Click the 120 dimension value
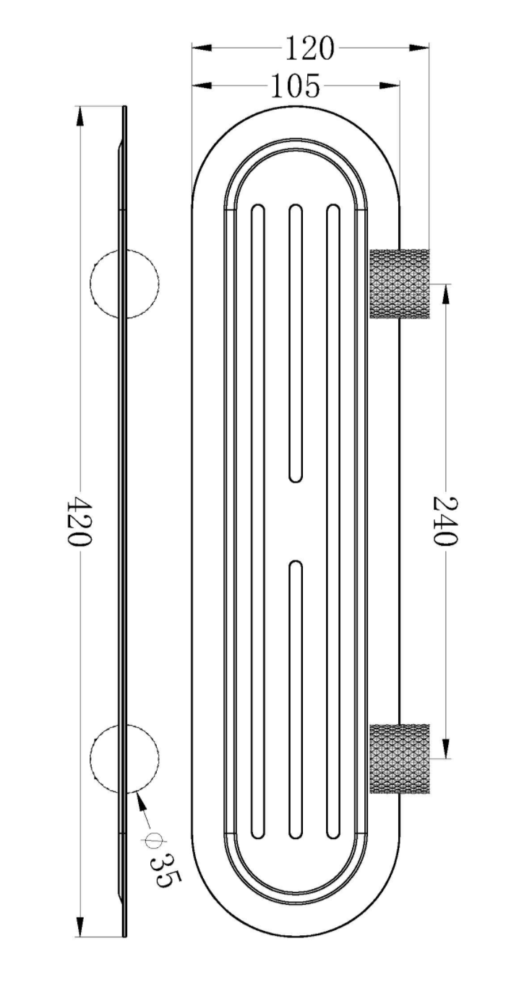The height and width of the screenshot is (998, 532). (309, 48)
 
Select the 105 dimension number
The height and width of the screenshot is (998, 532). (295, 87)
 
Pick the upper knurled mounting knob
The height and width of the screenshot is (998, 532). (400, 283)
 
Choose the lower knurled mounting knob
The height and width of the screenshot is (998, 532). (400, 758)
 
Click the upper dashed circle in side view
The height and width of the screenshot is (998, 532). (124, 283)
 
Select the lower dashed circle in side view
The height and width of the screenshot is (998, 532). (124, 758)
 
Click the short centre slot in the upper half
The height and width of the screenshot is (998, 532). (295, 344)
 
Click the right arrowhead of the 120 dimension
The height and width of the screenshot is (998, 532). (422, 48)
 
